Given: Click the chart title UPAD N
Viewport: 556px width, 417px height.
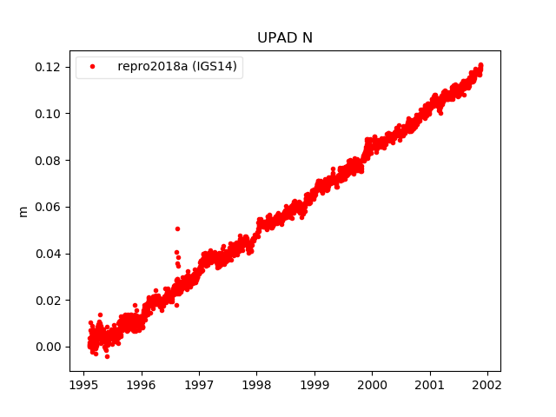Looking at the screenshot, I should tap(284, 37).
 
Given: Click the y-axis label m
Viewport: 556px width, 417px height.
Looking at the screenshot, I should tap(23, 211).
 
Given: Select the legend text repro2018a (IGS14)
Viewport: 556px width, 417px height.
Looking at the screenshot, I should tap(177, 67).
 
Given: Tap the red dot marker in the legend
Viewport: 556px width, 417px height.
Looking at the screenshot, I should tap(94, 67).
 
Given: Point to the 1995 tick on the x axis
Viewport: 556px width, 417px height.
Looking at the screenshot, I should tap(83, 385).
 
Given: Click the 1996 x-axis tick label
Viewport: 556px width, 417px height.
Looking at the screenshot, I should tap(142, 385).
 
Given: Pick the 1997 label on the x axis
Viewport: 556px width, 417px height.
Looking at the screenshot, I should tap(199, 385).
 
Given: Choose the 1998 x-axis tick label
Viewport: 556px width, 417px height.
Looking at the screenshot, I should tap(256, 385).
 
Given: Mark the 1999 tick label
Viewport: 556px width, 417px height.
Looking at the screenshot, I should tap(314, 385).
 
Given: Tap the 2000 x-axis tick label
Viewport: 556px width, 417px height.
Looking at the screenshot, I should tap(372, 385).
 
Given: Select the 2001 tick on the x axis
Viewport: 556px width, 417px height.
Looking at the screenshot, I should tap(430, 385).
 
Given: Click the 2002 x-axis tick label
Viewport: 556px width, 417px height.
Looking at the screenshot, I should tap(487, 385).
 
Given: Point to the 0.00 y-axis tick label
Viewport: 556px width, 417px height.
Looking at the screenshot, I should tap(50, 347).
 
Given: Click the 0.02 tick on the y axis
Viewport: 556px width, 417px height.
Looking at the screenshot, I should tap(50, 301).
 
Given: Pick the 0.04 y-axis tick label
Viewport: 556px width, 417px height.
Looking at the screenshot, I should tap(50, 254).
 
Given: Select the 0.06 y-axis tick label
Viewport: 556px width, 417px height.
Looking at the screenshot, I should tap(50, 207).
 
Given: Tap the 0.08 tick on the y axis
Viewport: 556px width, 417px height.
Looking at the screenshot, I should tap(50, 161).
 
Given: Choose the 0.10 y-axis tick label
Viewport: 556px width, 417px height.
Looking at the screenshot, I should tap(50, 114).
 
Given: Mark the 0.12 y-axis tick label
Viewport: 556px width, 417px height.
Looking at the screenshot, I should tap(50, 68).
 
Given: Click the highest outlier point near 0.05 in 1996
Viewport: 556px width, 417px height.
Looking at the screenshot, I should tap(177, 228).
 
